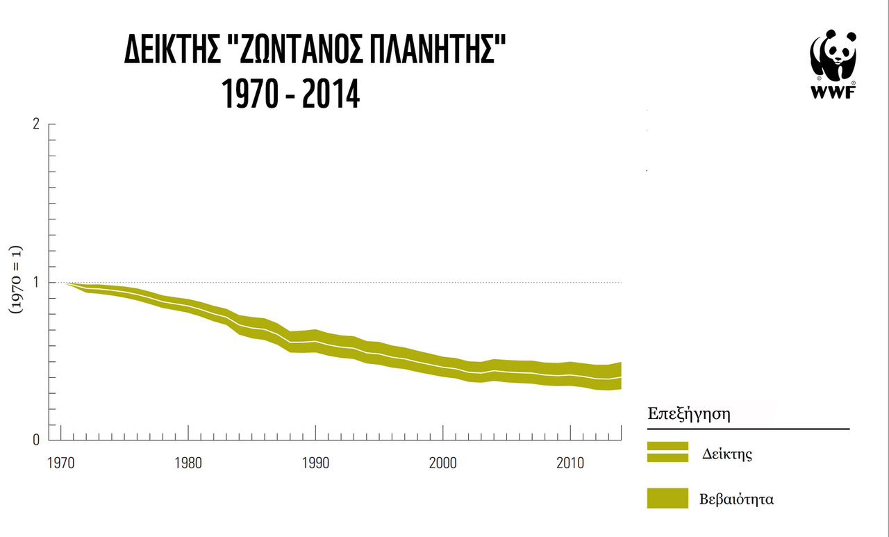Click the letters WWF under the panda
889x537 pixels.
click(x=832, y=92)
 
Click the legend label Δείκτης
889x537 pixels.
click(x=728, y=454)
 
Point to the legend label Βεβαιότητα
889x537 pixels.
click(x=737, y=499)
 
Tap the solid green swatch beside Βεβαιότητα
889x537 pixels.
click(x=667, y=499)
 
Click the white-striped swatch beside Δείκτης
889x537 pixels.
click(x=667, y=452)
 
